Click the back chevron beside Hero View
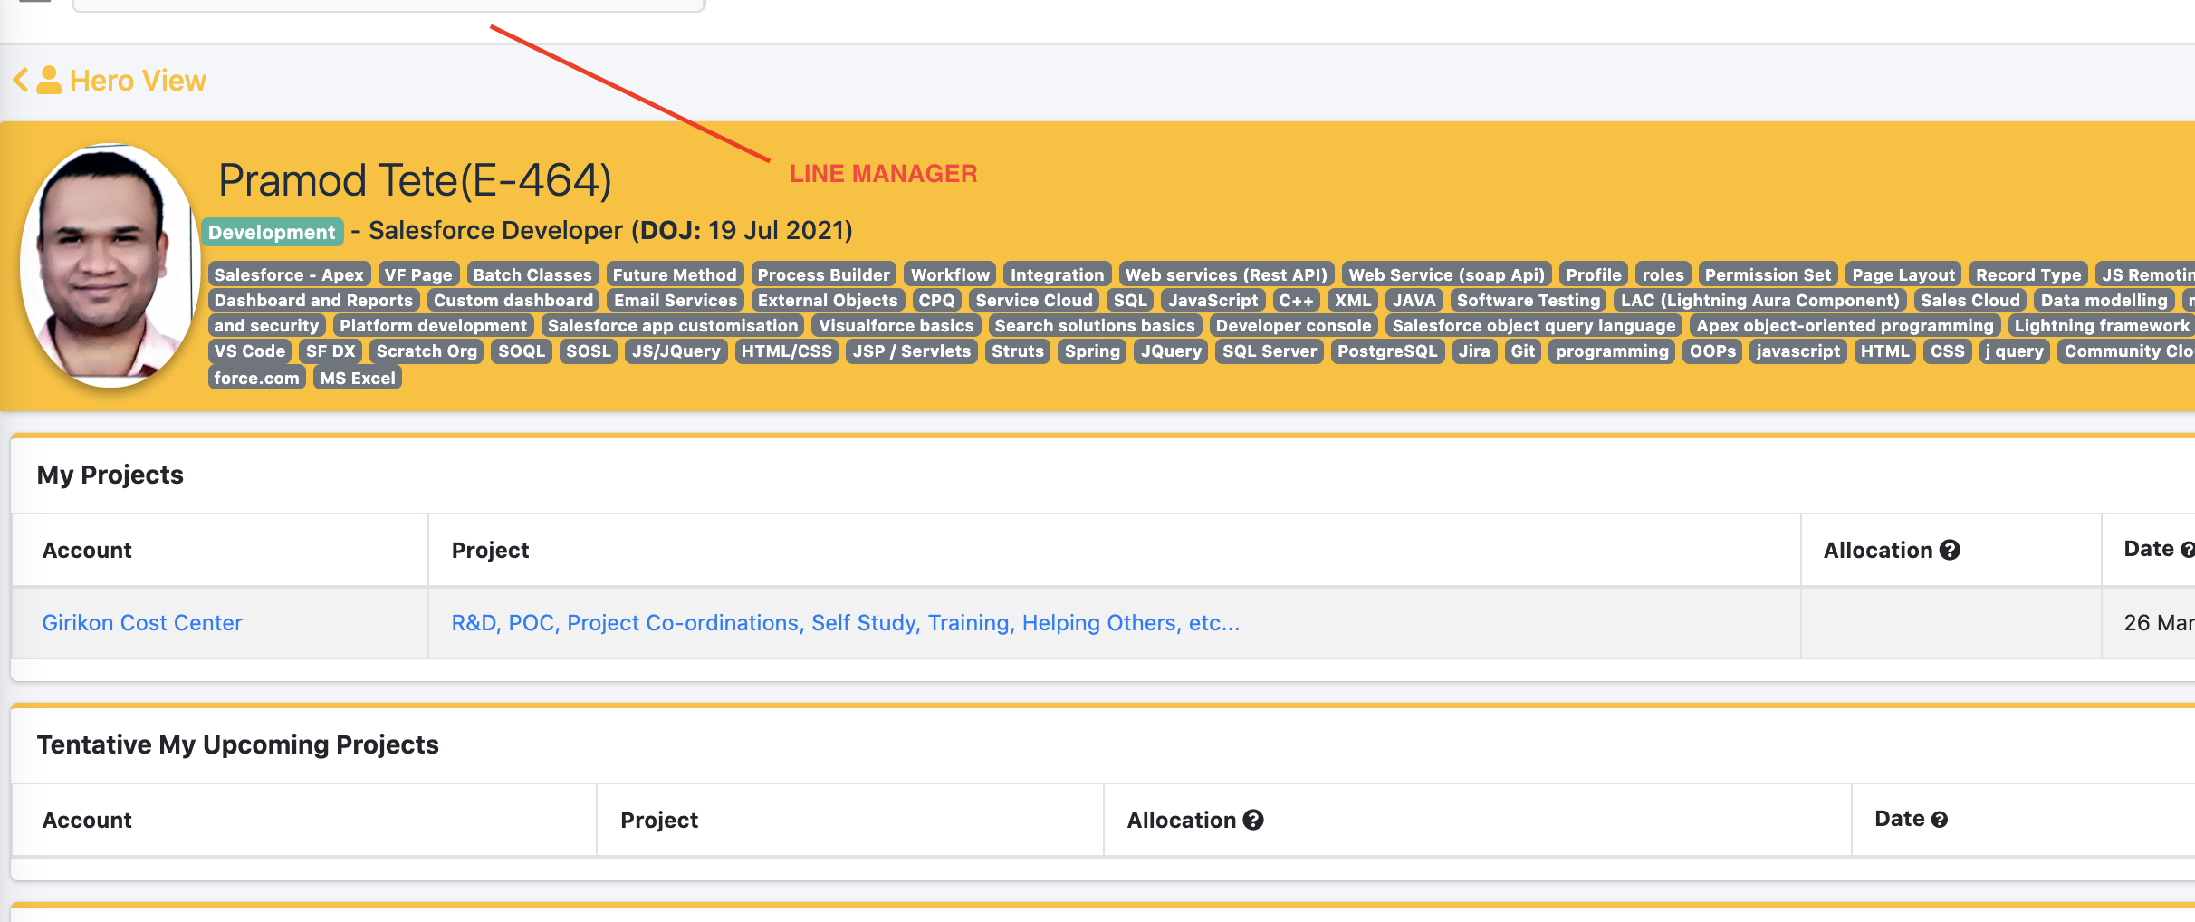(x=21, y=80)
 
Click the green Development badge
(x=272, y=232)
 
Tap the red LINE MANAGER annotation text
(x=883, y=174)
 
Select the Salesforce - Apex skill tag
(x=289, y=274)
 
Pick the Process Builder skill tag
(x=824, y=274)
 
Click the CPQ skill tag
(x=936, y=300)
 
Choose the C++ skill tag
(x=1296, y=300)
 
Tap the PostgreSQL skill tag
(x=1387, y=351)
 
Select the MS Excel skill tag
(x=358, y=378)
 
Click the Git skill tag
(x=1523, y=351)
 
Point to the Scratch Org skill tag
(x=427, y=351)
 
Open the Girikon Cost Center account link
(x=142, y=623)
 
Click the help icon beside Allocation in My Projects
(x=1950, y=550)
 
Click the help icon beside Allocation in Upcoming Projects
(x=1253, y=820)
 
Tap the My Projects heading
(x=110, y=475)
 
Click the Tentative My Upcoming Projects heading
(x=238, y=744)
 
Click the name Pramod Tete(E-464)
(x=416, y=179)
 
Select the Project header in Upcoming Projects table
(x=659, y=820)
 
